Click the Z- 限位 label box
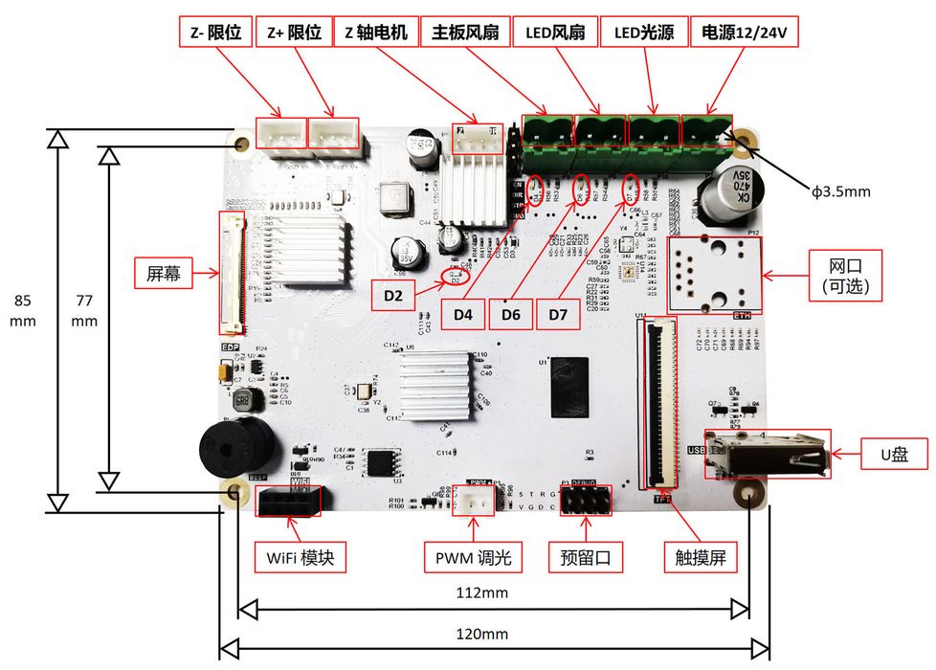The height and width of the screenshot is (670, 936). point(215,33)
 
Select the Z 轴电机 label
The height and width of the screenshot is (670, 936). point(376,33)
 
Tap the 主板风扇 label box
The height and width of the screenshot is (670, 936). point(466,33)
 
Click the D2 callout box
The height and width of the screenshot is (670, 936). point(394,297)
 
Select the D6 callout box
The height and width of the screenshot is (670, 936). point(511,313)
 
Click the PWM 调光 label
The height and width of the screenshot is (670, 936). point(473,557)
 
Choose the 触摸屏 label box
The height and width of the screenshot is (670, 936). point(701,557)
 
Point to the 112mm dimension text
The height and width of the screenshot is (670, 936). point(481,593)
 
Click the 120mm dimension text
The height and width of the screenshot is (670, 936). point(481,634)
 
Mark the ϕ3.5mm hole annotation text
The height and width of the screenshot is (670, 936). point(841,191)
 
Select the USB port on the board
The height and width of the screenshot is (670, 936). point(766,458)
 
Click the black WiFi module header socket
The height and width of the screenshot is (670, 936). point(288,501)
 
